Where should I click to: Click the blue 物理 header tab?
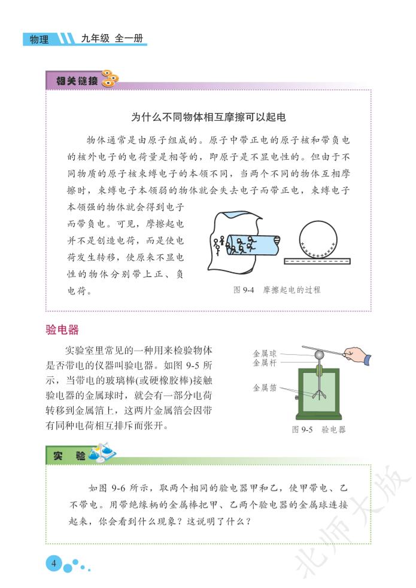tap(40, 39)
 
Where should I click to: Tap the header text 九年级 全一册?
tap(112, 38)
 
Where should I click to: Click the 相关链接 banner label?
tap(77, 81)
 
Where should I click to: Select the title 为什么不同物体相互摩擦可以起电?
tap(208, 117)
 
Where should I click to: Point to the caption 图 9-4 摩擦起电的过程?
tap(277, 290)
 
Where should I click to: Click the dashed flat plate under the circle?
tap(317, 261)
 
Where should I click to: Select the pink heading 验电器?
tap(62, 330)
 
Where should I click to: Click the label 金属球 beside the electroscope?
tap(265, 354)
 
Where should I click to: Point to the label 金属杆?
tap(265, 362)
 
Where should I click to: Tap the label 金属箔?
tap(265, 388)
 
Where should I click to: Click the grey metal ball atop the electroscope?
tap(319, 354)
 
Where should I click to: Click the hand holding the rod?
tap(357, 355)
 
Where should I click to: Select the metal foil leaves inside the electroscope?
tap(319, 394)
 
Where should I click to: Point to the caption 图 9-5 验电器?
tap(319, 429)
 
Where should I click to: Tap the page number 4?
tap(54, 563)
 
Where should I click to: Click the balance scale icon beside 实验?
tap(102, 453)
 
